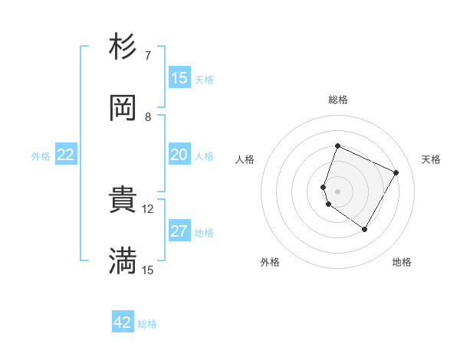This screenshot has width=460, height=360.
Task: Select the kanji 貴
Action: tap(123, 201)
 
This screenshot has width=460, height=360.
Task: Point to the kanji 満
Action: tap(123, 260)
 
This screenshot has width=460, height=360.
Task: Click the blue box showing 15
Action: tap(179, 78)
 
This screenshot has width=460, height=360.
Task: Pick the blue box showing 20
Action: tap(179, 155)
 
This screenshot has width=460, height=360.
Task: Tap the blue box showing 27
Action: tap(179, 231)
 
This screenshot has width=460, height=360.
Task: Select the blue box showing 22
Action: tap(66, 155)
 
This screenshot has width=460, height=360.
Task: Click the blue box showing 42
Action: tap(123, 322)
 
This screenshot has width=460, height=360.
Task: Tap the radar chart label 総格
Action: tap(338, 100)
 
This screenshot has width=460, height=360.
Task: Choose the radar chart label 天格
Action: tap(432, 159)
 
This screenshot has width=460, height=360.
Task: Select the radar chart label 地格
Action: tap(402, 263)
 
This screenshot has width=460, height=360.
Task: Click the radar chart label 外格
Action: tap(270, 263)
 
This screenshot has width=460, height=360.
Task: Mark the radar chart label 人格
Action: tap(245, 159)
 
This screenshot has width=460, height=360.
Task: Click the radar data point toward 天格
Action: tap(396, 172)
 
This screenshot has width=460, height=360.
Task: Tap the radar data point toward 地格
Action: tap(365, 229)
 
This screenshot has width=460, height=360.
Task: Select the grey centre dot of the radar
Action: tap(338, 191)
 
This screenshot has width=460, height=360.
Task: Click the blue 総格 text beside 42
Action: tap(147, 324)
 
